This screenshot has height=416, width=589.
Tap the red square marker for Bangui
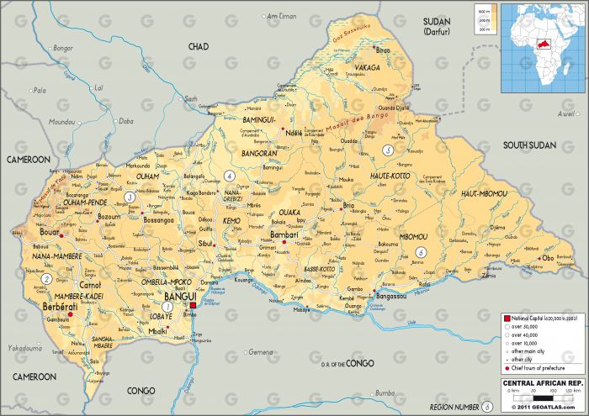[x=194, y=308]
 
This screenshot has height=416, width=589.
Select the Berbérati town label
[x=60, y=308]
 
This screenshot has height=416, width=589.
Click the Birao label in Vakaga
[x=384, y=50]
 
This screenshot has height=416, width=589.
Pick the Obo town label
[x=548, y=258]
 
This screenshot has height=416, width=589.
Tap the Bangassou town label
[x=392, y=297]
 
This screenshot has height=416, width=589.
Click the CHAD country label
[x=199, y=46]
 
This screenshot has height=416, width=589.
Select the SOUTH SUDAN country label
[x=529, y=145]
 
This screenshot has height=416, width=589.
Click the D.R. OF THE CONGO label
[x=347, y=363]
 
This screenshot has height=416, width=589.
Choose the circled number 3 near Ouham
[x=129, y=197]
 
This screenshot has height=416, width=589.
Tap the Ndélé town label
[x=294, y=133]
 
